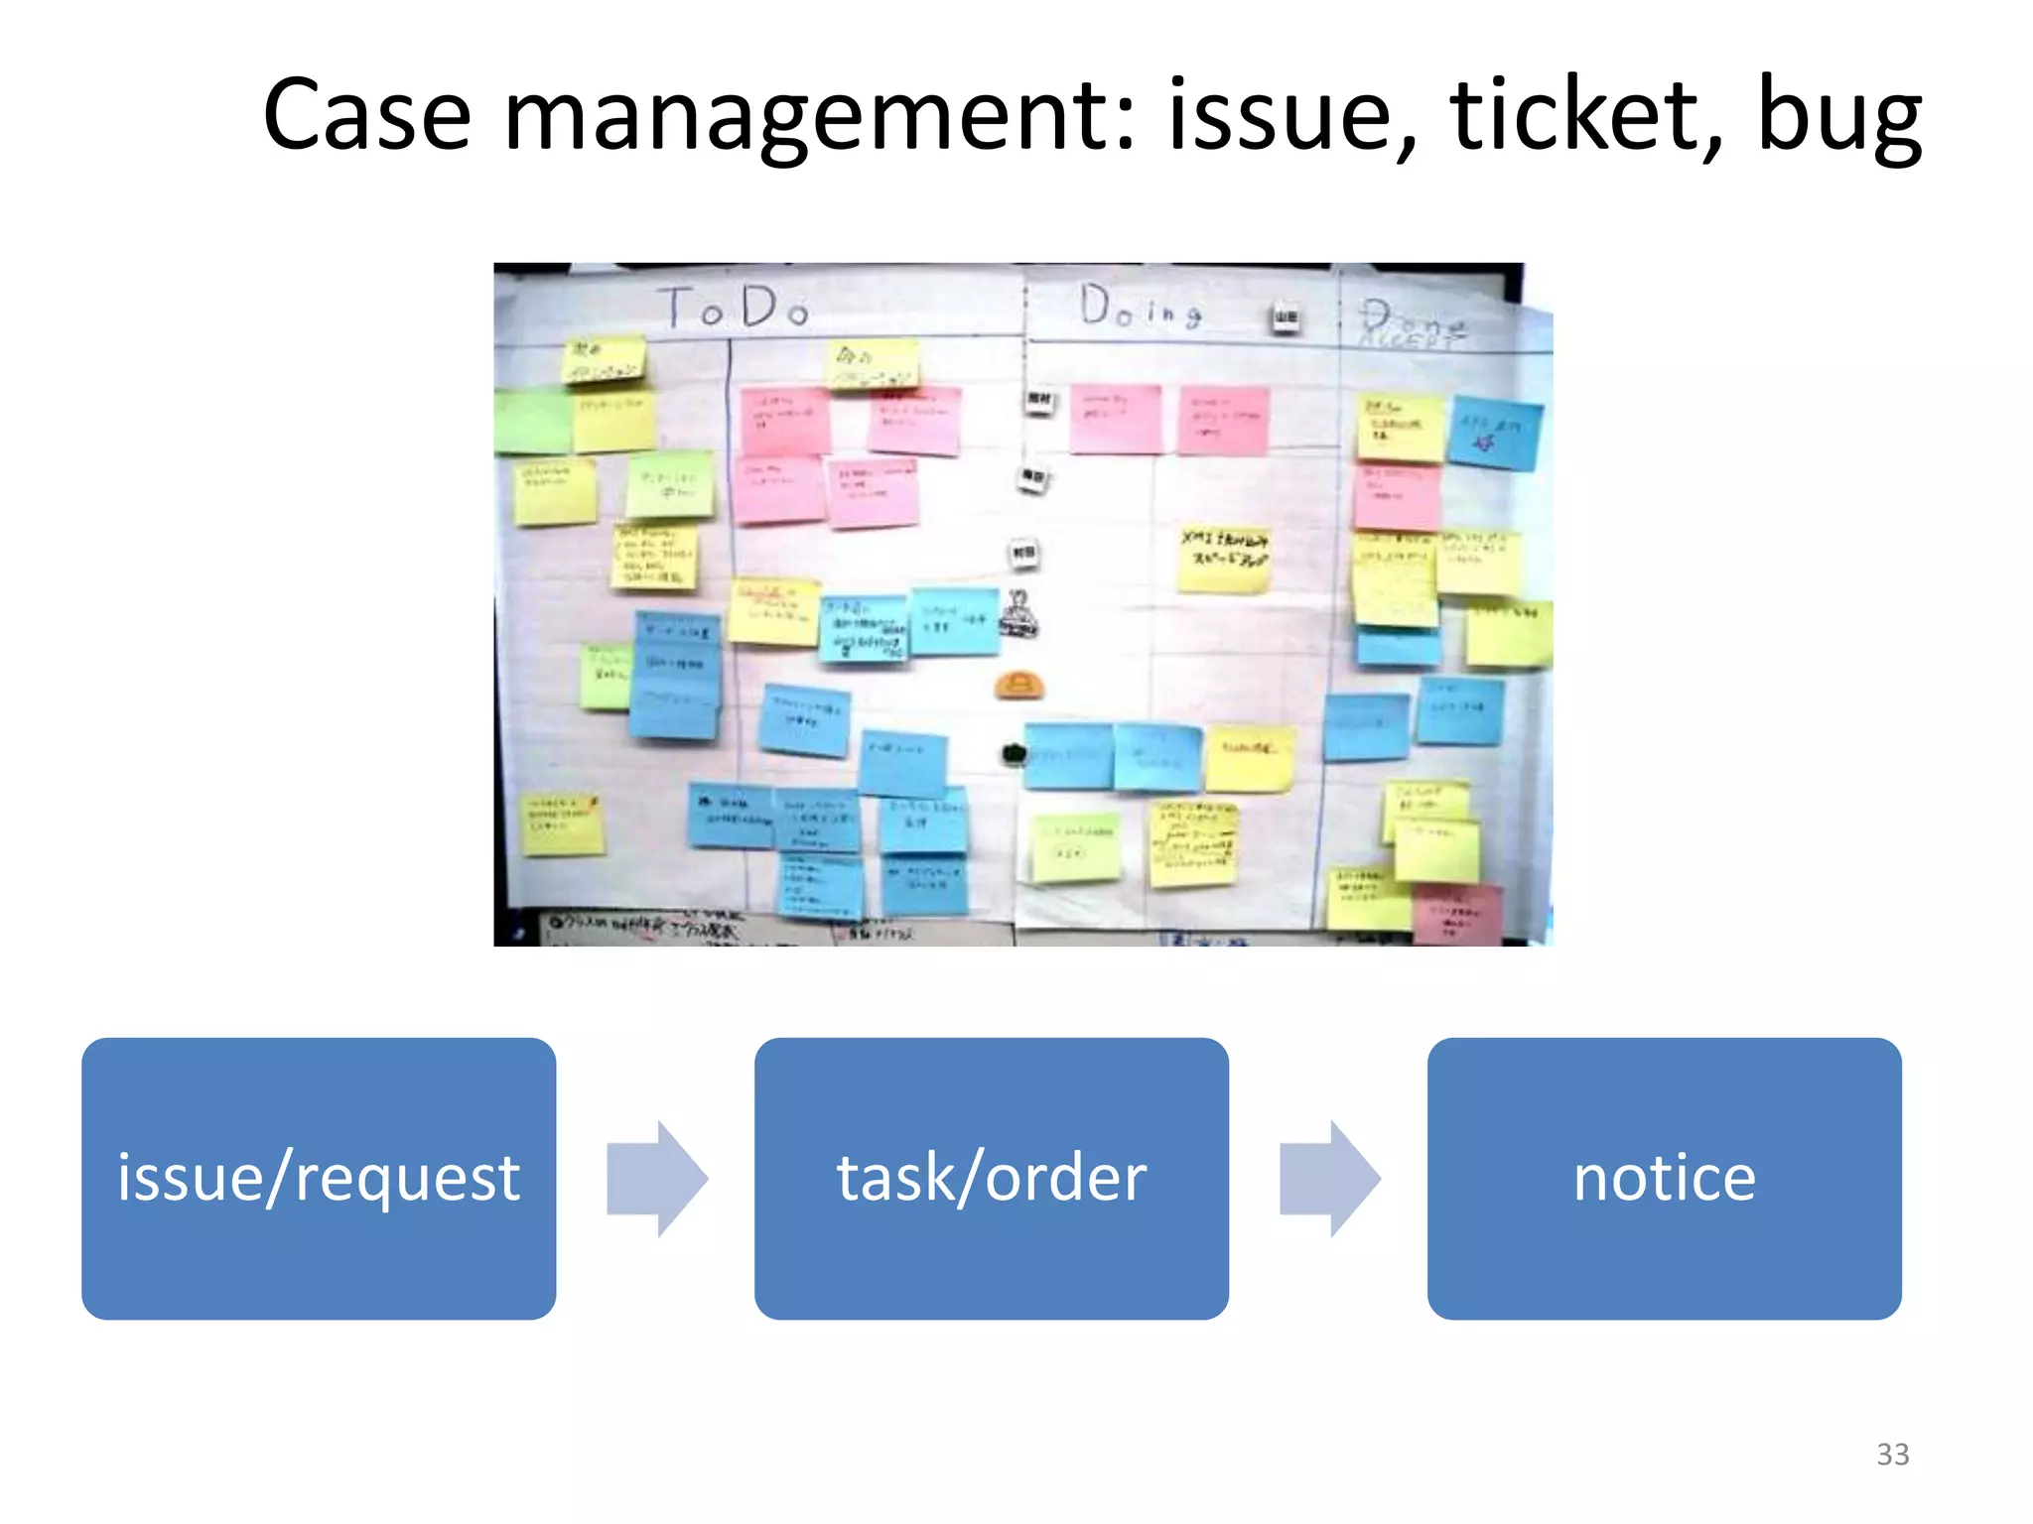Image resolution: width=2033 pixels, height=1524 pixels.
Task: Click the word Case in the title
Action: point(366,116)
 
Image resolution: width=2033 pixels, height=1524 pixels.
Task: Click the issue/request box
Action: point(319,1178)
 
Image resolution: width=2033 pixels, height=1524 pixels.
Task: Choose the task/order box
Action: point(991,1178)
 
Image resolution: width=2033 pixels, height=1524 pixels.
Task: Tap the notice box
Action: point(1664,1178)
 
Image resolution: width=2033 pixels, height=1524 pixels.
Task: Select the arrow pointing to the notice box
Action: point(1329,1179)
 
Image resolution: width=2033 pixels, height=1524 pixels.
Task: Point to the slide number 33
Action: point(1892,1454)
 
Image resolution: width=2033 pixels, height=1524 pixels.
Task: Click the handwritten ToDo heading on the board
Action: point(735,308)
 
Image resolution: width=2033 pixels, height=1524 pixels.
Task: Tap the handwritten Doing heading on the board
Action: point(1141,307)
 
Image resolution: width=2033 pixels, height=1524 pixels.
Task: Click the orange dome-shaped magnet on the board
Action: point(1019,685)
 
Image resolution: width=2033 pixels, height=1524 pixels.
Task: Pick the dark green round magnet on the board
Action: point(1014,754)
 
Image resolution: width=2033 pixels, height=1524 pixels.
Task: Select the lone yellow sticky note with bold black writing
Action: point(1224,559)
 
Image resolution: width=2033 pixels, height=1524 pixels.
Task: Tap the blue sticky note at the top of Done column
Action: point(1494,433)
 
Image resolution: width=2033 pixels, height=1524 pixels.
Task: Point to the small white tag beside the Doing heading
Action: point(1286,317)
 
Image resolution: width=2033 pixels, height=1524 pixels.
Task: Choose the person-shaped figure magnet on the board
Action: point(1018,613)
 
